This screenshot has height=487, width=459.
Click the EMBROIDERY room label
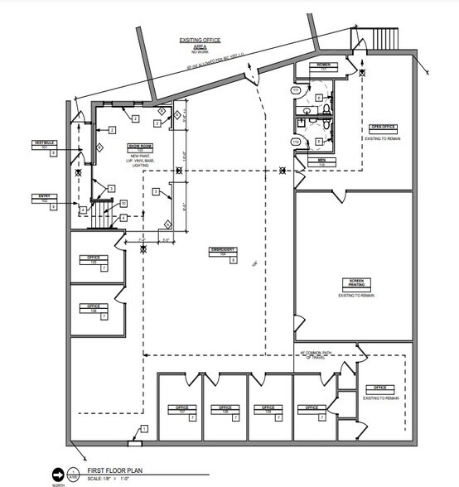click(223, 251)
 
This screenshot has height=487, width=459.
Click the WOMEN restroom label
click(321, 65)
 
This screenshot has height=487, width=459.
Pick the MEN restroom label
click(321, 161)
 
